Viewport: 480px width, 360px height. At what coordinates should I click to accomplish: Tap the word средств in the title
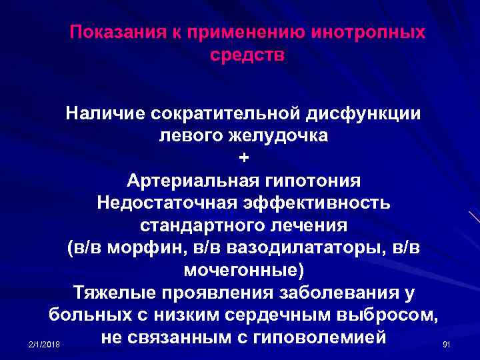click(x=247, y=54)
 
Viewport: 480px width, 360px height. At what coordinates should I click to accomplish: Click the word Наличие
click(x=107, y=113)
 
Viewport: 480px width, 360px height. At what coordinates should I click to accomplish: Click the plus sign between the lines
click(x=243, y=158)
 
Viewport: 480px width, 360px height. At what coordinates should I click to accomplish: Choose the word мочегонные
click(x=242, y=271)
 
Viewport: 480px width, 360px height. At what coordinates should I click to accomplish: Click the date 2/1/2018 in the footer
click(x=45, y=344)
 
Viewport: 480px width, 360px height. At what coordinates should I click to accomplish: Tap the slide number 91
click(x=447, y=344)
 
